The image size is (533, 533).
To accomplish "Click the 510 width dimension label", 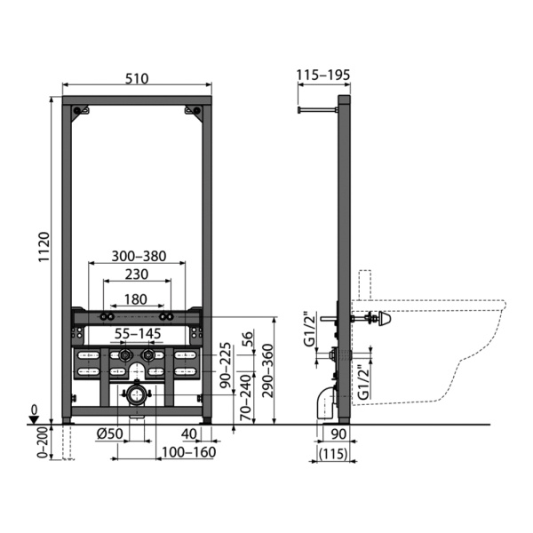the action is coord(137,78).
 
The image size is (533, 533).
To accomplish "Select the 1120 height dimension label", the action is coord(44,247).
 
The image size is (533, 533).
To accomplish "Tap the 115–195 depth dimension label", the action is coord(323,75).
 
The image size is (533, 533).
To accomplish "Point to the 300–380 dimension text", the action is coord(139,256).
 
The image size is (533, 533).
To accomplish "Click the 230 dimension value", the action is coord(137,274).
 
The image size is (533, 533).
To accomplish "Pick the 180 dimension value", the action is coord(136,299).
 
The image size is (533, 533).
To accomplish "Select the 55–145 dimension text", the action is coord(138,334).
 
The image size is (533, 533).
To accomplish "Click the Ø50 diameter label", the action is coord(109,434).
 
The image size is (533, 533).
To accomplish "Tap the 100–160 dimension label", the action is coord(188,452).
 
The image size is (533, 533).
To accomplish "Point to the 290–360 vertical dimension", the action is coord(268,370).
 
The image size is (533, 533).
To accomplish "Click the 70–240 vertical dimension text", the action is coord(248,398).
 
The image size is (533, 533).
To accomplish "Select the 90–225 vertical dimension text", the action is coord(225,365).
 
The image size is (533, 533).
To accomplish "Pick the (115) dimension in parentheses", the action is coord(333,454).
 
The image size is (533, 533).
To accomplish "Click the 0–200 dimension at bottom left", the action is coord(44,442).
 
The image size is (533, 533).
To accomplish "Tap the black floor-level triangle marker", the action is coord(34,420).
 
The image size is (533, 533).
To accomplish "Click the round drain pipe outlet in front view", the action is coord(136,395).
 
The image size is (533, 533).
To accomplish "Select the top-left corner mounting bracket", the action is coord(80,112).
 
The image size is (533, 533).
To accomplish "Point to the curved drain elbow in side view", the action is coord(327,403).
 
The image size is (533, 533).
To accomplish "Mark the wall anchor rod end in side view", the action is coord(299,109).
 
